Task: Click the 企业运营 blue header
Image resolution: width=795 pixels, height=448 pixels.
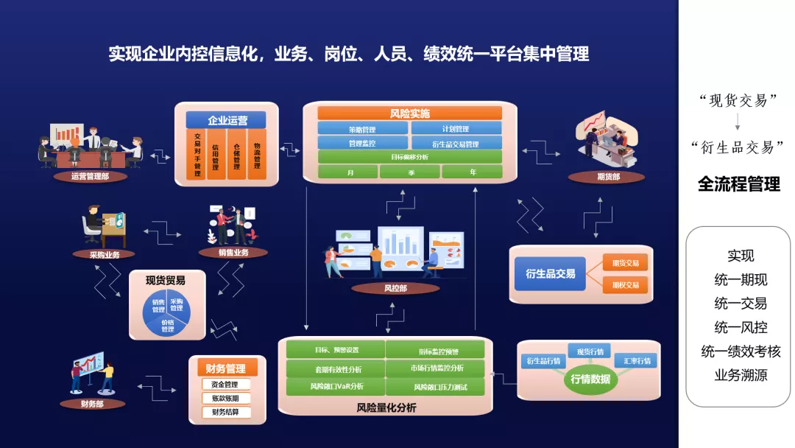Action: (x=227, y=120)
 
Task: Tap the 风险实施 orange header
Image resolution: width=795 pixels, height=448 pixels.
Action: (x=410, y=113)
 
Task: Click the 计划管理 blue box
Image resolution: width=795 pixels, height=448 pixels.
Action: (x=456, y=129)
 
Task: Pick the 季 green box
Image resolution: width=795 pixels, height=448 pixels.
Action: (x=410, y=172)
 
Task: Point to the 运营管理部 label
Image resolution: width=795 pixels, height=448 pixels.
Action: (x=90, y=176)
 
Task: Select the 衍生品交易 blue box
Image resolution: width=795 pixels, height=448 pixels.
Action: (x=550, y=273)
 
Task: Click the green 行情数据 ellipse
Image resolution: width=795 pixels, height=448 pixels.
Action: (x=590, y=379)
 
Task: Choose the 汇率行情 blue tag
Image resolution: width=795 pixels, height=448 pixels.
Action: (x=637, y=361)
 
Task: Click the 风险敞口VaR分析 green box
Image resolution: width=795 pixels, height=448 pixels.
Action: (x=336, y=386)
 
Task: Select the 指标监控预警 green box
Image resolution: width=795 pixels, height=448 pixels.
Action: (x=435, y=349)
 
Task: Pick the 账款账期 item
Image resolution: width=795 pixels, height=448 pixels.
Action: (x=225, y=399)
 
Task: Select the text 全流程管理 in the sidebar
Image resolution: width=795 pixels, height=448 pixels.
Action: (x=738, y=183)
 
